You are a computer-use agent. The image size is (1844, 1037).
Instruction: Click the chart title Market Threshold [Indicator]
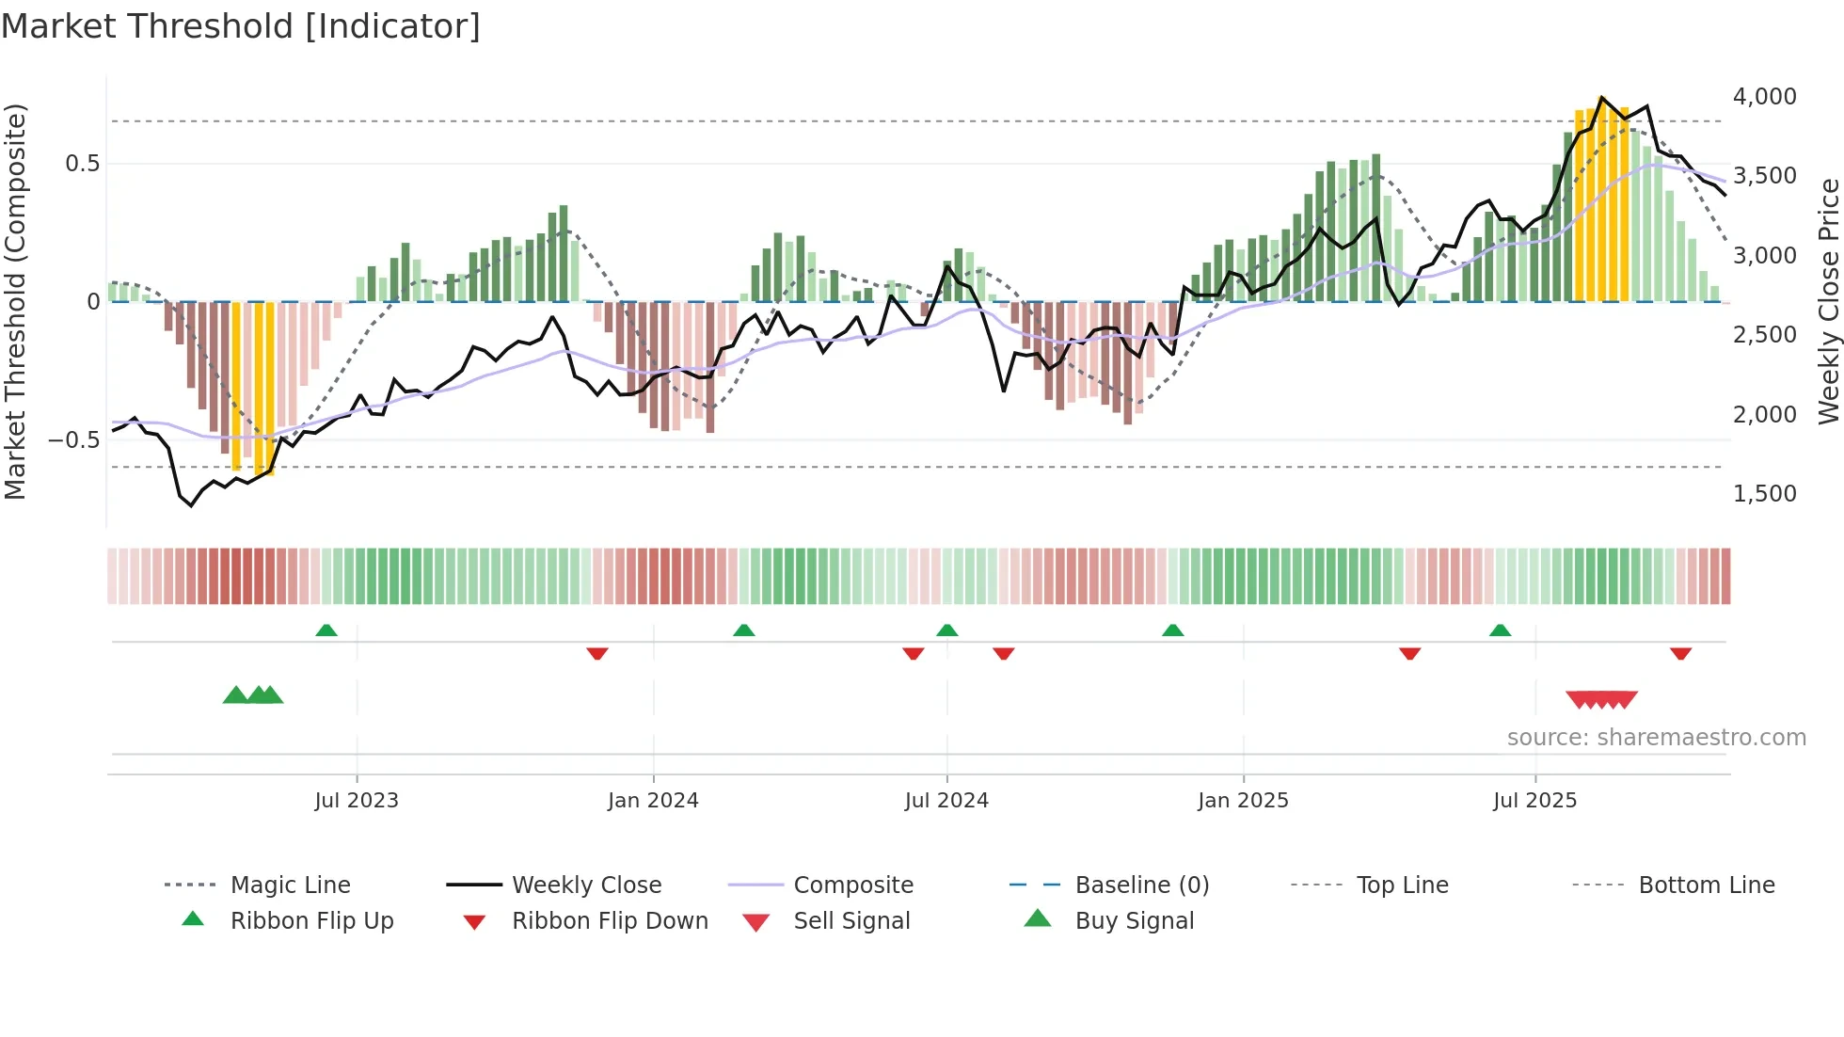pos(241,26)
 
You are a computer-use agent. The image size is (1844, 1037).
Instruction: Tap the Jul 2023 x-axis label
pos(357,801)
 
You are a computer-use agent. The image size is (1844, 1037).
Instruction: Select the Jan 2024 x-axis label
pos(653,801)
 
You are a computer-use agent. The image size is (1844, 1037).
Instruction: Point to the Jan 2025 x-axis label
pos(1243,801)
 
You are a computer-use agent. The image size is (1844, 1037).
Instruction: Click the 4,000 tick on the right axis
pos(1764,97)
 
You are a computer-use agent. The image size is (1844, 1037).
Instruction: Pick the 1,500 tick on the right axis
pos(1764,494)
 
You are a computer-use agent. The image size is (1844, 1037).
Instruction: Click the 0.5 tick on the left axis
pos(82,164)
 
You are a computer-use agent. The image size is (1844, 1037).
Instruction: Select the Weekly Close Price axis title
pos(1828,301)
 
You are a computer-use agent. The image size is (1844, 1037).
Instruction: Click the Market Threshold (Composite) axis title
pos(15,301)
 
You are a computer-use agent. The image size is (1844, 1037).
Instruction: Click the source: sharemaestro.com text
pos(1656,738)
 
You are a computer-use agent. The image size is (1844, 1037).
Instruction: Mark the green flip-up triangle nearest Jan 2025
pos(1172,630)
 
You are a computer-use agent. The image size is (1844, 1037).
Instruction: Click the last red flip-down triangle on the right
pos(1680,653)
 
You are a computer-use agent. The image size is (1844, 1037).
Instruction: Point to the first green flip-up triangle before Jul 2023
pos(326,630)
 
